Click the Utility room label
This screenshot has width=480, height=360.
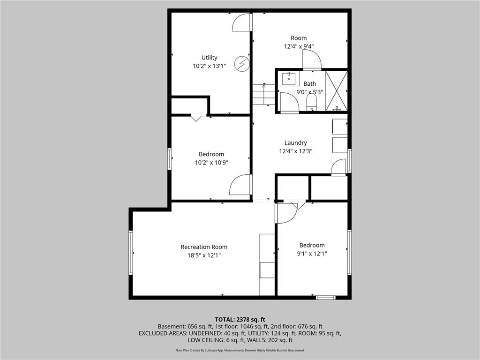point(209,58)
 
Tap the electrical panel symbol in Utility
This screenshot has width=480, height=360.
point(242,63)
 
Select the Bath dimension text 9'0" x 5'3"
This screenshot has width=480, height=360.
point(309,92)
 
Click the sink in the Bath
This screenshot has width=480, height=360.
point(289,77)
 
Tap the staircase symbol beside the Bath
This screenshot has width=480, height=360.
point(263,94)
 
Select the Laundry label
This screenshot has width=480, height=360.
point(295,143)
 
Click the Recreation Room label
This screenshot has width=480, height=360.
point(204,247)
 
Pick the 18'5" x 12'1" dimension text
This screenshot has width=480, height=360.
point(204,255)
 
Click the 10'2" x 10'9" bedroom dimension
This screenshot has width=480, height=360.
point(211,163)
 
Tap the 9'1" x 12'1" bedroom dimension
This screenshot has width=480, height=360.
point(312,254)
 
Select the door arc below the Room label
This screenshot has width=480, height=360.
point(311,59)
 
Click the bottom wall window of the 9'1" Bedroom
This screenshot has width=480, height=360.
point(325,297)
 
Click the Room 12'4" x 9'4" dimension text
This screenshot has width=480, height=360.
point(299,46)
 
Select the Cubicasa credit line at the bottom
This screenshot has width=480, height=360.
point(240,350)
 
